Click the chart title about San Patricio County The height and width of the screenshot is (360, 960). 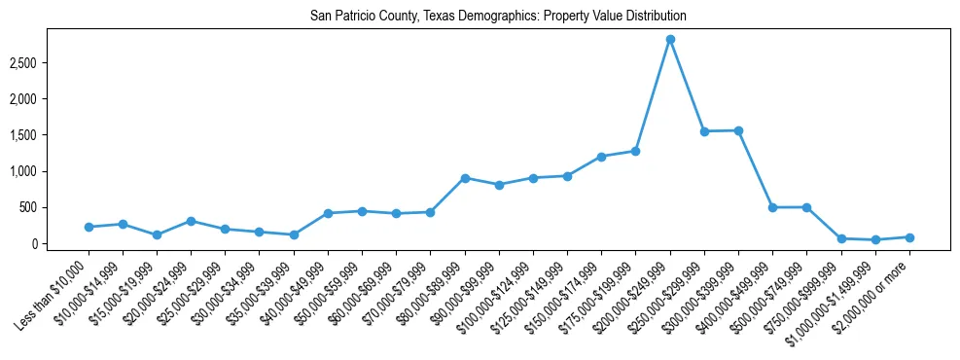(498, 17)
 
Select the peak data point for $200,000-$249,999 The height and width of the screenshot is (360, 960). (670, 40)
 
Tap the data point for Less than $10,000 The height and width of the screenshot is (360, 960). (89, 227)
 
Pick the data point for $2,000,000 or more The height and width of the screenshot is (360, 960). (909, 237)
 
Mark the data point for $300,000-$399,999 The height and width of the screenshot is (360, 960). (739, 130)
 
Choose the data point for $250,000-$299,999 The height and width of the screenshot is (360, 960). (704, 131)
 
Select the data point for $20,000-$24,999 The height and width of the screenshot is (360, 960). (192, 221)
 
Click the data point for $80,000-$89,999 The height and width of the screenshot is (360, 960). (465, 178)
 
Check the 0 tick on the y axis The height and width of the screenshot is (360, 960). (59, 243)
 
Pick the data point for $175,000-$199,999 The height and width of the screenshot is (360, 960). (636, 151)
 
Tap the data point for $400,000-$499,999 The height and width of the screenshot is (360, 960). (772, 207)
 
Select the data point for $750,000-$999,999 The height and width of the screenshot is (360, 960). (841, 238)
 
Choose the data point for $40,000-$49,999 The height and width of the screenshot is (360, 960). (328, 213)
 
